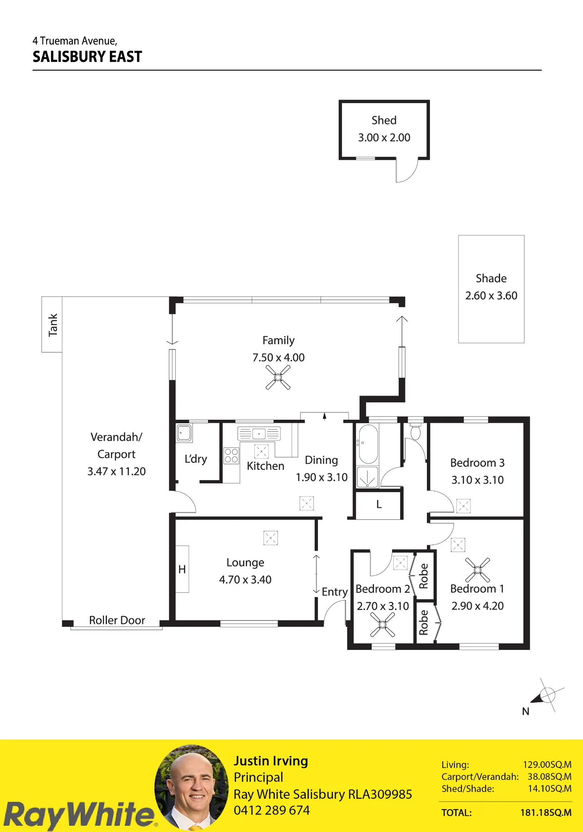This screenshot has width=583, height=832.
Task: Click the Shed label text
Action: click(384, 121)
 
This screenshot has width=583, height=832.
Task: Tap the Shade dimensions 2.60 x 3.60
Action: click(491, 296)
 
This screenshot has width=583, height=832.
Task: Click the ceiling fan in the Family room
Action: click(278, 377)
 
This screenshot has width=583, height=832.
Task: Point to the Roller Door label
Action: click(117, 620)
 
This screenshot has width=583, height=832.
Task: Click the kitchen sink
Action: click(259, 433)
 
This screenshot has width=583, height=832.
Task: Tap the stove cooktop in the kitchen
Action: click(231, 456)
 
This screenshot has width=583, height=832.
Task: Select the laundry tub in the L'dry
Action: click(184, 433)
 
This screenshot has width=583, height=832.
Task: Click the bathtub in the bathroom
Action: click(368, 444)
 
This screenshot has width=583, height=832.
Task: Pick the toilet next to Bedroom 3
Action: click(415, 431)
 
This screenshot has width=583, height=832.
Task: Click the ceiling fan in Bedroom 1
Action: click(477, 570)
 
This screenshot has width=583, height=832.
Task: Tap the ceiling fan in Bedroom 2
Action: click(382, 624)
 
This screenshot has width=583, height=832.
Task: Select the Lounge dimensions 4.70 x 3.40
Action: click(245, 580)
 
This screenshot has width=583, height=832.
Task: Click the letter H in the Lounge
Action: click(182, 570)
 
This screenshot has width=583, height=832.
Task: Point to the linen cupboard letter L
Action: click(379, 505)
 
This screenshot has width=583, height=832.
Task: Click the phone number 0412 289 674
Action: click(272, 810)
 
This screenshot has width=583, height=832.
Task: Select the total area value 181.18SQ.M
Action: click(546, 812)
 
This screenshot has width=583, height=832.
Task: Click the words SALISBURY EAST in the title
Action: click(87, 57)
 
